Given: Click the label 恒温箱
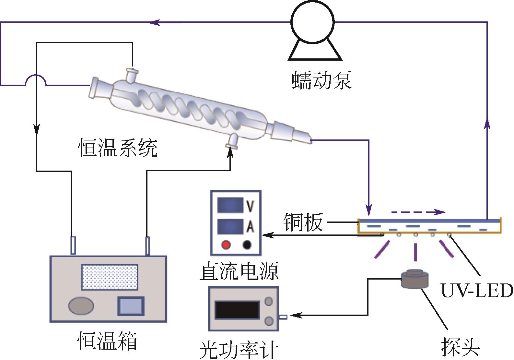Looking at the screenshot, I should (107, 341).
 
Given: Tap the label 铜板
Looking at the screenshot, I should (303, 222).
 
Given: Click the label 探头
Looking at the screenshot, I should (460, 347).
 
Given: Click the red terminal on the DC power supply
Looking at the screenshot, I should (226, 245).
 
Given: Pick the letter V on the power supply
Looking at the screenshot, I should (250, 206).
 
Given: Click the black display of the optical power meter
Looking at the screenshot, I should (237, 310).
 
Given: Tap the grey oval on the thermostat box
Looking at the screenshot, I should (81, 306).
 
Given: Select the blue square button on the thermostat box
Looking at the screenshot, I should (131, 306).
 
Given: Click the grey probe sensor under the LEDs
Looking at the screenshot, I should (415, 279).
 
